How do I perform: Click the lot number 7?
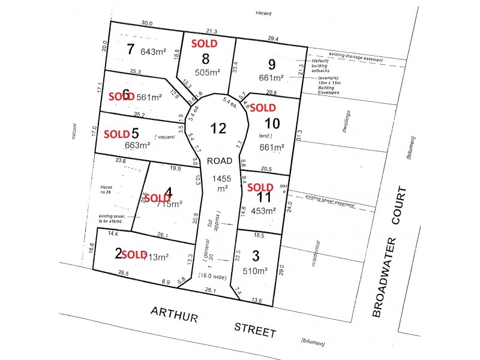(131, 49)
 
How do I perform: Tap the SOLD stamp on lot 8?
(204, 43)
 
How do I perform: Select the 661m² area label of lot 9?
(271, 78)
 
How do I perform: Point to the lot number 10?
(271, 124)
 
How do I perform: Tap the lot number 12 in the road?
(218, 128)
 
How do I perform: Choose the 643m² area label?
(154, 52)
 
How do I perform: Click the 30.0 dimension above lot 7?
(147, 23)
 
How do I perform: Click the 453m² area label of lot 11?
(263, 211)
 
